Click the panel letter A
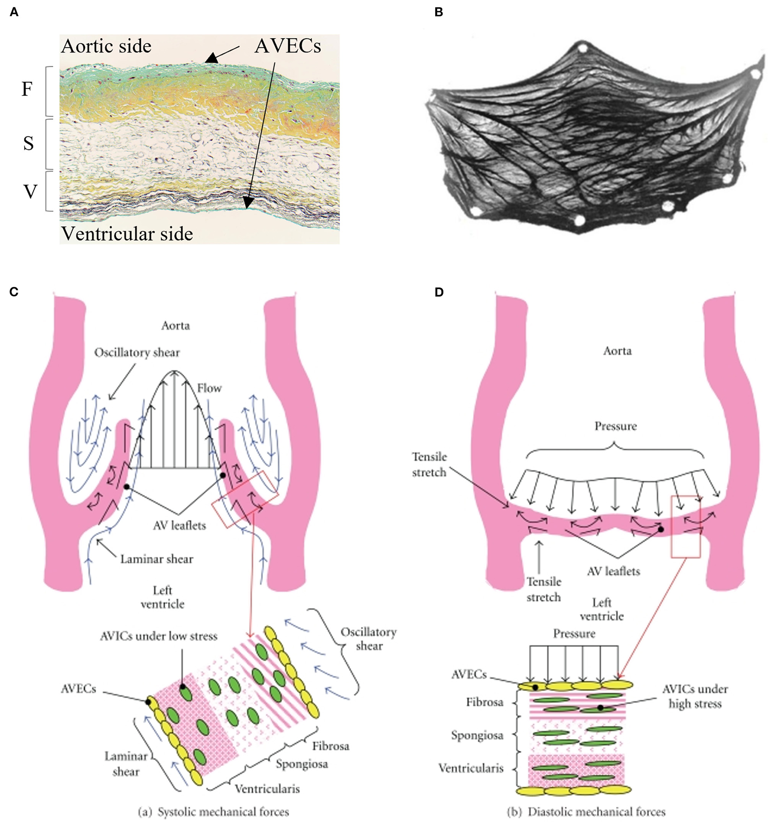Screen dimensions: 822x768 click(14, 12)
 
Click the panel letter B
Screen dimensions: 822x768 click(439, 12)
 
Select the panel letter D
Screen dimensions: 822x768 click(439, 292)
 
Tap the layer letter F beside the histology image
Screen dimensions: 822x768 click(27, 89)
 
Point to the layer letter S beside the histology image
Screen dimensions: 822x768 click(28, 143)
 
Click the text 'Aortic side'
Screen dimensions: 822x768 click(106, 46)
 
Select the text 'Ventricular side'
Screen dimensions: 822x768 click(127, 234)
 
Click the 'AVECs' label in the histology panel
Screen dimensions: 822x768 click(288, 46)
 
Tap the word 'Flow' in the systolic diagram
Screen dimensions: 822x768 click(209, 388)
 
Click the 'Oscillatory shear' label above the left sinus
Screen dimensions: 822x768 click(137, 353)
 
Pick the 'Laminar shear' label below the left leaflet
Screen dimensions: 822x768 click(156, 559)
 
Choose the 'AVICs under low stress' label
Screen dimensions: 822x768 click(159, 636)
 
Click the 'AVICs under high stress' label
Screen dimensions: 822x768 click(695, 696)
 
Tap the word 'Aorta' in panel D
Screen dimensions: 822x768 click(617, 351)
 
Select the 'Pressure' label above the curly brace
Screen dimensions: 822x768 click(615, 426)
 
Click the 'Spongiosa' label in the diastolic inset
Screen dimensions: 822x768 click(477, 735)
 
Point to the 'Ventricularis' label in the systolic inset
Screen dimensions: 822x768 click(267, 789)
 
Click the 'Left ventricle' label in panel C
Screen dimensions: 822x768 click(163, 597)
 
